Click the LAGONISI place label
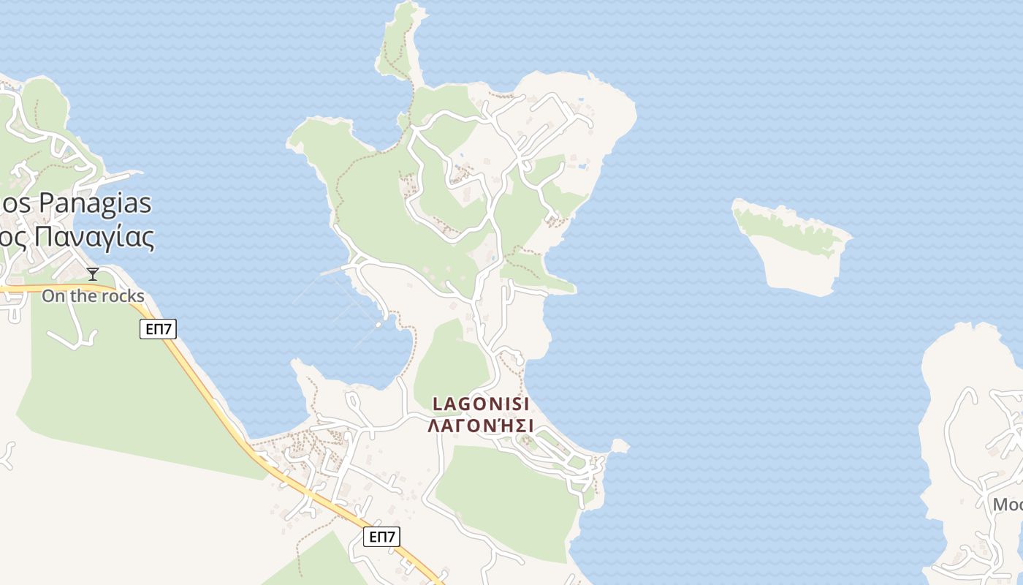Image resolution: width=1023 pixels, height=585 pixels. click(x=480, y=404)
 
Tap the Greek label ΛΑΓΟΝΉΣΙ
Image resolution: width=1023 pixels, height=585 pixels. click(x=480, y=425)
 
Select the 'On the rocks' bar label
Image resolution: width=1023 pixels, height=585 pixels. click(x=93, y=296)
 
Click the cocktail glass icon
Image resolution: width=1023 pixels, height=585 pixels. click(x=93, y=274)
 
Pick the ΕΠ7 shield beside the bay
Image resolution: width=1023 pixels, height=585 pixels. click(x=158, y=329)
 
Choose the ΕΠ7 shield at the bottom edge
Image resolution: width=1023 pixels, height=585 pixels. click(x=381, y=537)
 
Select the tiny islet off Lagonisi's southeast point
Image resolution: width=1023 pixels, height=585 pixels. click(x=620, y=445)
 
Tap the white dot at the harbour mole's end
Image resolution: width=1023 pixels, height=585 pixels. click(x=379, y=325)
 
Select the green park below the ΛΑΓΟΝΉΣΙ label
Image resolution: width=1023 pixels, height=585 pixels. click(x=504, y=497)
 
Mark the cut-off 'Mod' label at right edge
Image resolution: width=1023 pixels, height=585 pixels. click(x=1007, y=504)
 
